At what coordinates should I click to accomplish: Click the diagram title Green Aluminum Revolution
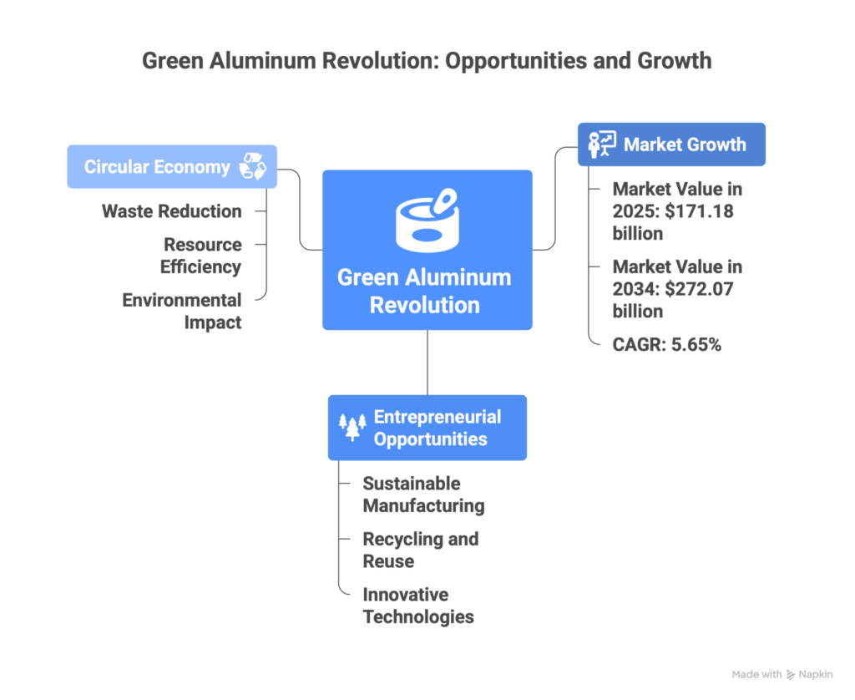click(427, 61)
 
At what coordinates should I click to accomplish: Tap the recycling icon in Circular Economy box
click(252, 166)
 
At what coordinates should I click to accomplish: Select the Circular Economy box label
click(157, 166)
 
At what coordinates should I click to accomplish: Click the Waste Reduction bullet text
click(171, 211)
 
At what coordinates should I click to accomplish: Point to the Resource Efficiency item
click(202, 256)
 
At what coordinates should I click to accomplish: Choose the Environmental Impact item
click(182, 311)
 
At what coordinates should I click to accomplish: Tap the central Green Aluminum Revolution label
click(424, 291)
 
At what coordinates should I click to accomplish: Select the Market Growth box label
click(685, 145)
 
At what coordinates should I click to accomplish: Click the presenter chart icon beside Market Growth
click(601, 145)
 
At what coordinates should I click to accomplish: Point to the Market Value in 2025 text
click(677, 211)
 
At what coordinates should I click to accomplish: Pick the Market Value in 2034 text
click(677, 289)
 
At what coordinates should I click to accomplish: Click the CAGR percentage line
click(666, 344)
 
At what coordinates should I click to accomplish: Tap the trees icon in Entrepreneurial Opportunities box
click(352, 427)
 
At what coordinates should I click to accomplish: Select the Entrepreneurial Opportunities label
click(438, 428)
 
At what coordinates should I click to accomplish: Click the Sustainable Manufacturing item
click(422, 495)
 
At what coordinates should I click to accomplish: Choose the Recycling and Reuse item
click(420, 550)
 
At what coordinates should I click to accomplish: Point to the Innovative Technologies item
click(418, 606)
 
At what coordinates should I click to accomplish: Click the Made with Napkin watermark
click(782, 674)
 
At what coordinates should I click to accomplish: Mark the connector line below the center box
click(427, 362)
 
